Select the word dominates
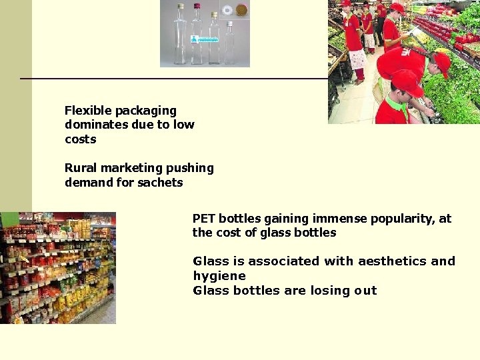pos(94,125)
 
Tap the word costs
pos(81,139)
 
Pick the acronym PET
pos(204,219)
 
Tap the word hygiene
pos(219,276)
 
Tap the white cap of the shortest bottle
pos(229,24)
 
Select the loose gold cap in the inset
pos(241,10)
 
